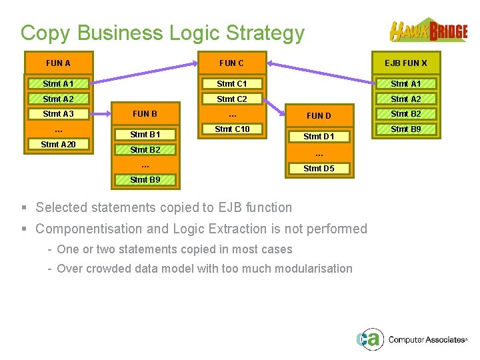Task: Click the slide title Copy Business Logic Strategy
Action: pyautogui.click(x=162, y=33)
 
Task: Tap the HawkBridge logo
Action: pyautogui.click(x=428, y=31)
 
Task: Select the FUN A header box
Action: pyautogui.click(x=58, y=63)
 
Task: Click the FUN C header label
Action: pyautogui.click(x=232, y=63)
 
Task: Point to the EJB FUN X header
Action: pyautogui.click(x=405, y=63)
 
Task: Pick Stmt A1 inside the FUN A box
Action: pyautogui.click(x=58, y=84)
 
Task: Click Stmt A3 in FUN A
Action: pyautogui.click(x=58, y=114)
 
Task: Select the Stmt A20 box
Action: pyautogui.click(x=58, y=144)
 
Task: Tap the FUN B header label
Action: pyautogui.click(x=145, y=113)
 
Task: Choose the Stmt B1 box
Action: pyautogui.click(x=145, y=135)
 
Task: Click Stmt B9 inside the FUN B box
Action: pyautogui.click(x=145, y=179)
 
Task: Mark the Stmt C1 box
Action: pyautogui.click(x=232, y=84)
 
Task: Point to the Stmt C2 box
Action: pyautogui.click(x=232, y=99)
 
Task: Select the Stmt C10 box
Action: pyautogui.click(x=232, y=129)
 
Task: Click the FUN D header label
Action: pyautogui.click(x=319, y=115)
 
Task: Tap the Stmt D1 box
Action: pyautogui.click(x=319, y=137)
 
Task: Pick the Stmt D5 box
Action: pyautogui.click(x=319, y=169)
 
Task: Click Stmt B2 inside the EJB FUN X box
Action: pyautogui.click(x=405, y=114)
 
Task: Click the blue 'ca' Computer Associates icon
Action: pyautogui.click(x=368, y=339)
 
